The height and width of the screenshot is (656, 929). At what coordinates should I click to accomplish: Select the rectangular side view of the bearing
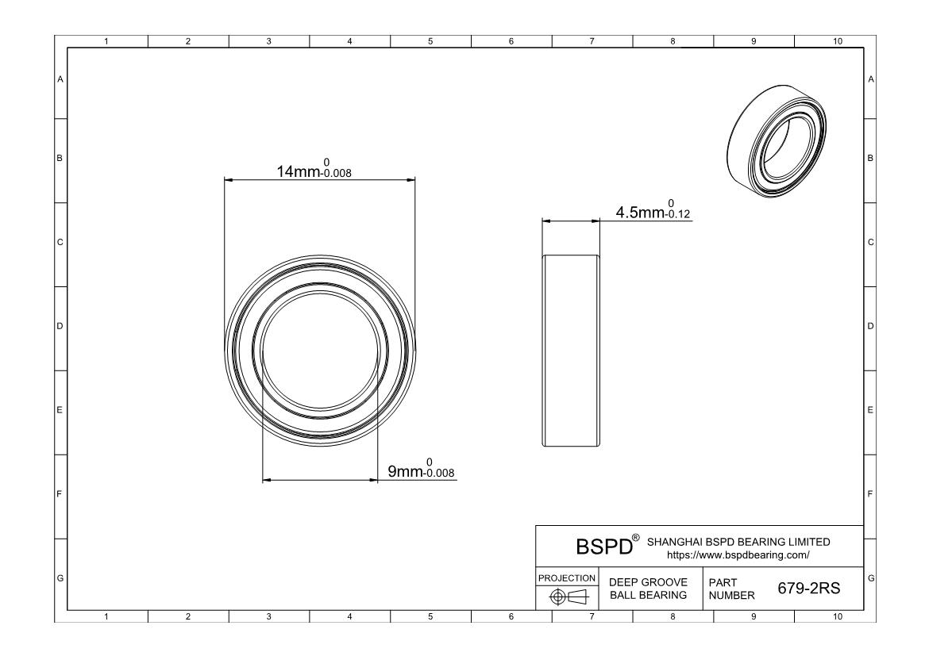571,351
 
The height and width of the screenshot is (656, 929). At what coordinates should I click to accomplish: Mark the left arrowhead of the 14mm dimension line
229,180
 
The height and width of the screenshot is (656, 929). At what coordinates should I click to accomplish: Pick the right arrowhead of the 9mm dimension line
372,480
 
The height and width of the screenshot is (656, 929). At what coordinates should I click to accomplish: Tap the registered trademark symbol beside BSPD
635,539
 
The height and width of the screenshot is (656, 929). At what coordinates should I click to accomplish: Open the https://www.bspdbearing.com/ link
738,554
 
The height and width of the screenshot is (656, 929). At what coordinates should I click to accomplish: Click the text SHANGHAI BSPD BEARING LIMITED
738,542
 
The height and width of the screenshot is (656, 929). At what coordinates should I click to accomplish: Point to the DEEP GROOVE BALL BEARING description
647,589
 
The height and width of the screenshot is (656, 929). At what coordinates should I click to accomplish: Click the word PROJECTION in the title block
566,577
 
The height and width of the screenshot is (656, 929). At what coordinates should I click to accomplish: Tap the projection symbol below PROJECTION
566,597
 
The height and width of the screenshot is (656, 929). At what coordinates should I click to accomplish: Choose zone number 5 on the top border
430,41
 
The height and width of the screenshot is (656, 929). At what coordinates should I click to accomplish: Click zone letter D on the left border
60,326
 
